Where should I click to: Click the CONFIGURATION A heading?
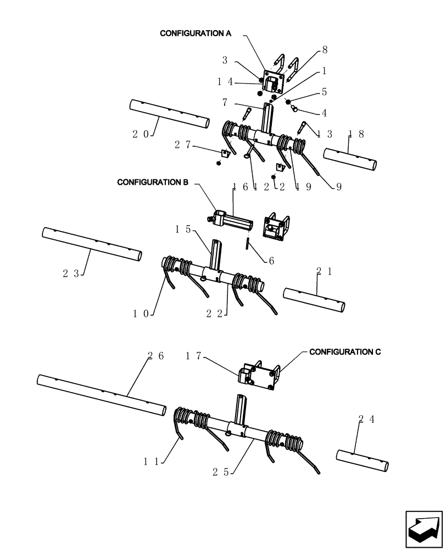point(195,34)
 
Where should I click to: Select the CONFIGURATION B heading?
point(153,182)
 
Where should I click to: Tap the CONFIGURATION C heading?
point(345,351)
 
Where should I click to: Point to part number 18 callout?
point(356,134)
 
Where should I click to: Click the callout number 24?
point(366,419)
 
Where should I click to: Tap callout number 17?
point(193,356)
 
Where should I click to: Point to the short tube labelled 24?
point(363,459)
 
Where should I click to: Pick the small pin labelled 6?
point(248,242)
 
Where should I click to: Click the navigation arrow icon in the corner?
point(423,529)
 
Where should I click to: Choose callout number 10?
point(141,313)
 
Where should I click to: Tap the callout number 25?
point(222,471)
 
